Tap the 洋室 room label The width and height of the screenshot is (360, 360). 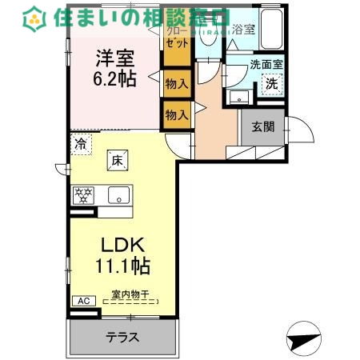tap(115, 58)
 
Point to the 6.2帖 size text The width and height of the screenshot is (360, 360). tap(116, 78)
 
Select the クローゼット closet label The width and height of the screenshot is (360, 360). tap(176, 36)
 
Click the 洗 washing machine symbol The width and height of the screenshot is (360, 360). tap(272, 82)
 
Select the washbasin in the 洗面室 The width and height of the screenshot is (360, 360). tap(238, 96)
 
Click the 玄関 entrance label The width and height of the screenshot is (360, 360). tap(263, 126)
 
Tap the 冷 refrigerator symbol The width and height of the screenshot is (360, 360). tap(81, 144)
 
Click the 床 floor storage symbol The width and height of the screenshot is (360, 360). tap(117, 162)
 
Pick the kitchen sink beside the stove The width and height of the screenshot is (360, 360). tap(118, 194)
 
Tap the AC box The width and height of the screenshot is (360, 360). tap(82, 301)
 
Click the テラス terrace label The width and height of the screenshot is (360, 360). tap(122, 338)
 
